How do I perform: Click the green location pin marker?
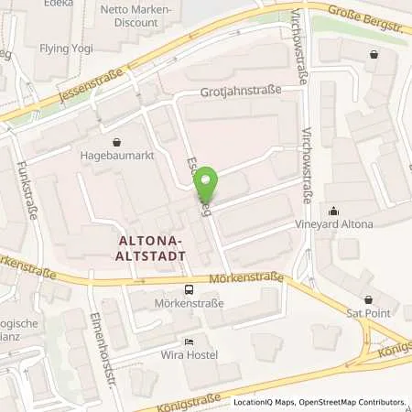click(x=208, y=185)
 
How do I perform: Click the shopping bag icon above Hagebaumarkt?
click(x=117, y=142)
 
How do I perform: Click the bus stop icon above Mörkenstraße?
click(x=188, y=289)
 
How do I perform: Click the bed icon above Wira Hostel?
click(x=188, y=343)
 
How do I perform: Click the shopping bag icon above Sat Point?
click(x=369, y=299)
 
